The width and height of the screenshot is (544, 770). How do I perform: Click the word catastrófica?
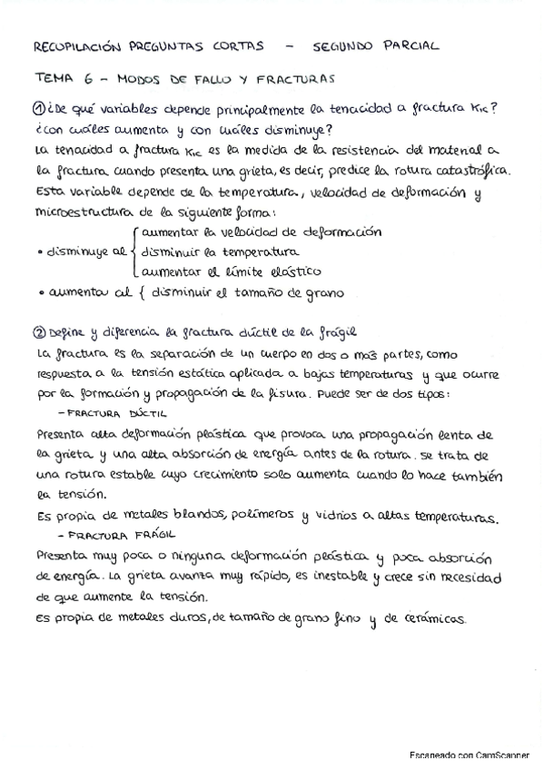pos(485,170)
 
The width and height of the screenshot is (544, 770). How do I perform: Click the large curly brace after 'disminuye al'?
pos(135,251)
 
